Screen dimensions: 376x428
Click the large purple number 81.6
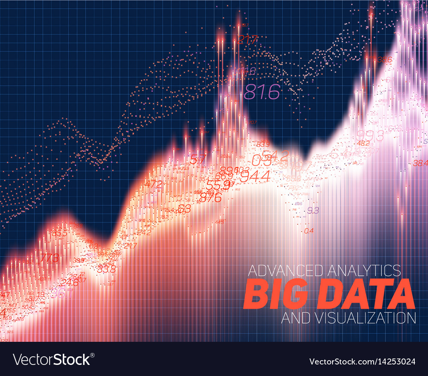point(262,92)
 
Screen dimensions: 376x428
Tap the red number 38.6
point(384,60)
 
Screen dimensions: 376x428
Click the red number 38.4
point(420,162)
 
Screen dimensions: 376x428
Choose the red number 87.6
point(210,197)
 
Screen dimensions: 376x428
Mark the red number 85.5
point(59,233)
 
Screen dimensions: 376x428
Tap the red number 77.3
point(49,258)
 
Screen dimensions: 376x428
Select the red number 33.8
point(106,269)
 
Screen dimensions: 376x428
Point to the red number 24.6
point(69,282)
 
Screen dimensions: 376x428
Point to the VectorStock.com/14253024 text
point(368,361)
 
